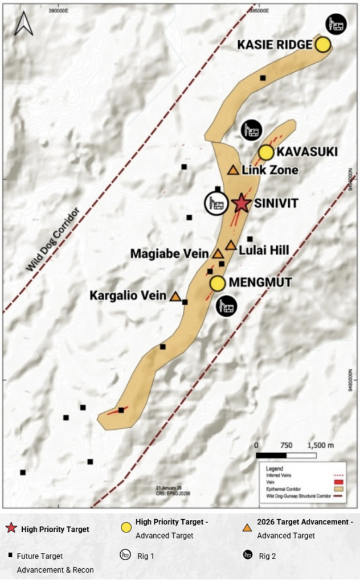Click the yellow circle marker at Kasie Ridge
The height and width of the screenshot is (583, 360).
point(323,44)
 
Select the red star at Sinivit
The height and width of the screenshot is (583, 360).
point(241,203)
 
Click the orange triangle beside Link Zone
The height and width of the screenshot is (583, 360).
point(233,170)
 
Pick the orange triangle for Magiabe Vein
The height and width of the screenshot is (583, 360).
point(218,253)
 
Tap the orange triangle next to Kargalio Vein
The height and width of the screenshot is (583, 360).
point(175,297)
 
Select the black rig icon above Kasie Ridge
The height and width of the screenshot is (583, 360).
point(337,24)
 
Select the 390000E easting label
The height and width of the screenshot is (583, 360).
point(59,10)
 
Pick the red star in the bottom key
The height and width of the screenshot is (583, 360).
point(11,528)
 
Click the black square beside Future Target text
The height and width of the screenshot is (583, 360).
point(11,554)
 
